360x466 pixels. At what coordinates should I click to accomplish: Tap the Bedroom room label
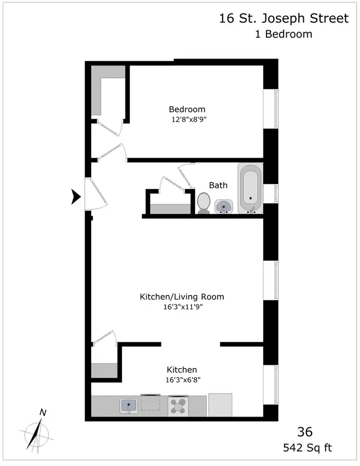point(187,109)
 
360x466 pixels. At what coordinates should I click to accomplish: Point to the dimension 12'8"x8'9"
point(187,119)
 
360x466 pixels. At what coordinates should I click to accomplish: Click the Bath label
point(218,185)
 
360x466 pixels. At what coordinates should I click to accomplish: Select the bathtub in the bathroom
point(250,189)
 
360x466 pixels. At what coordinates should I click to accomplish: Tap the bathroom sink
point(224,206)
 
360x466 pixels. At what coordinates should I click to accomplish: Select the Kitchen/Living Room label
point(177,297)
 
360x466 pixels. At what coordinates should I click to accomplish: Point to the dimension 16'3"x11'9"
point(178,307)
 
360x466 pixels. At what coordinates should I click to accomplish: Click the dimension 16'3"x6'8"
point(182,380)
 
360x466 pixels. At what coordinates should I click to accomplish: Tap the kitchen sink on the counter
point(129,406)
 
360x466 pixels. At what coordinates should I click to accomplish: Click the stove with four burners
point(179,406)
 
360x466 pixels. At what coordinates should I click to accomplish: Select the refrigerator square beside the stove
point(220,405)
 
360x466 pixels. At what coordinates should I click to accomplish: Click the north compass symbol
point(37,432)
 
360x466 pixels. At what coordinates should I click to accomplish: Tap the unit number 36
point(304,432)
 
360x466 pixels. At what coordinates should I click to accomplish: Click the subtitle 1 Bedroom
point(283,34)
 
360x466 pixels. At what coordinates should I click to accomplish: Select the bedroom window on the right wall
point(275,109)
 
